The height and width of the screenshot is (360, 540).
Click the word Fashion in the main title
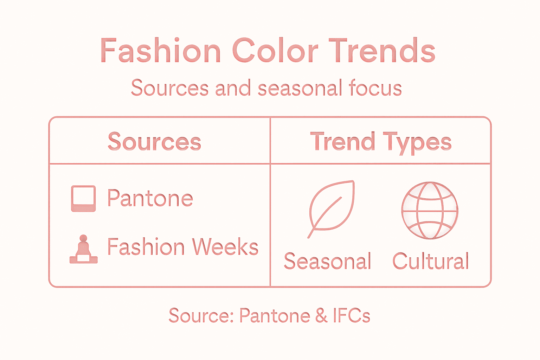(x=160, y=51)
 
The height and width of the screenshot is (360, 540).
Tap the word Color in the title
(x=275, y=51)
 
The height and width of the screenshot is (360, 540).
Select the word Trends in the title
(x=382, y=51)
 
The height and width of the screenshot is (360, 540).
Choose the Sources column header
(x=154, y=142)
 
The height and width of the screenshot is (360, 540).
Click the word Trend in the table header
(x=342, y=142)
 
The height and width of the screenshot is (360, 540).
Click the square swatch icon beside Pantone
(x=83, y=199)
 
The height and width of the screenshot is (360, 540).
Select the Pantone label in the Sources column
(x=150, y=198)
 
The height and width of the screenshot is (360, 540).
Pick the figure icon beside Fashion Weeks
(x=83, y=249)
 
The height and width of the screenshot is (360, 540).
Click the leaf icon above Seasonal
(x=331, y=208)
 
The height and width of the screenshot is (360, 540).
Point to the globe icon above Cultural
(x=430, y=210)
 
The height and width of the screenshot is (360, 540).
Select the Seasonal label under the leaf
(x=327, y=261)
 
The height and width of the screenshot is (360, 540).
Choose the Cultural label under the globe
(x=431, y=261)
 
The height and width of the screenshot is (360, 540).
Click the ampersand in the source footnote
(x=321, y=315)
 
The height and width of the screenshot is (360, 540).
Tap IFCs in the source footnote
(x=351, y=315)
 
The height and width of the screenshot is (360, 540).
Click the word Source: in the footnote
(x=201, y=315)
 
